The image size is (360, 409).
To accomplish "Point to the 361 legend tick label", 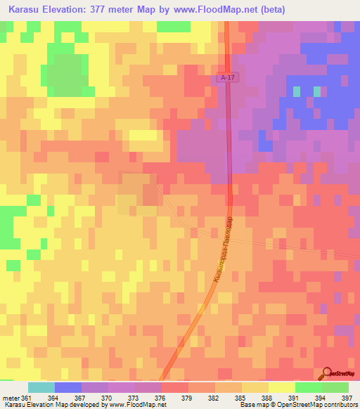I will click(27, 398).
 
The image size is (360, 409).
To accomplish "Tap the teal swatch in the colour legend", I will click(41, 387).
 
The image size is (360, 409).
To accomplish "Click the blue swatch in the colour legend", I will click(67, 387).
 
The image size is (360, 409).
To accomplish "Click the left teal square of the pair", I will click(297, 91).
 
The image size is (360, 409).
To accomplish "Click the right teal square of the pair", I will click(317, 91).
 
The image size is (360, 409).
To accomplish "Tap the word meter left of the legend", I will click(11, 398).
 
